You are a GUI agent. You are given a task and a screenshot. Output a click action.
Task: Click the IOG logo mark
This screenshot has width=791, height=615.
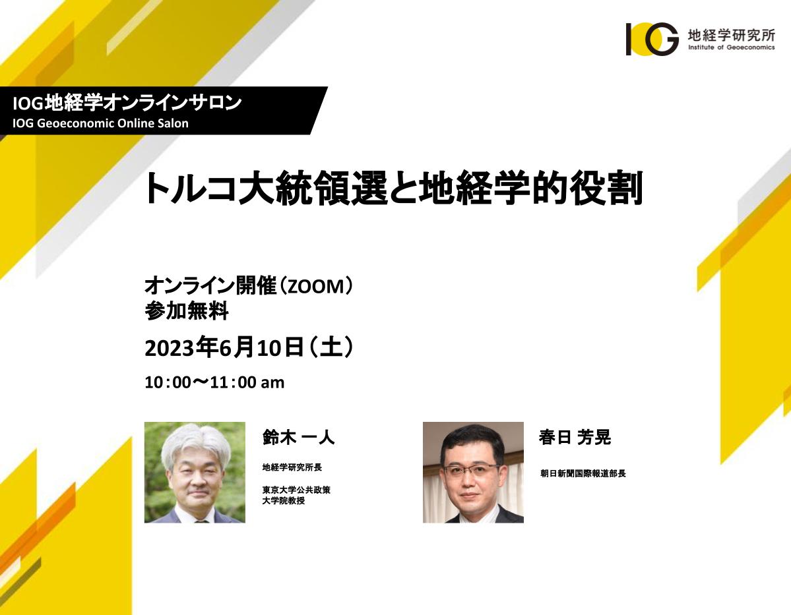click(652, 39)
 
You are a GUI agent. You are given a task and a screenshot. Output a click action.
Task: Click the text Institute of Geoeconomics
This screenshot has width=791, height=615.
click(732, 47)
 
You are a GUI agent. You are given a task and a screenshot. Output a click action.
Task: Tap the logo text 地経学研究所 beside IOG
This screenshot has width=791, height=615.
click(732, 35)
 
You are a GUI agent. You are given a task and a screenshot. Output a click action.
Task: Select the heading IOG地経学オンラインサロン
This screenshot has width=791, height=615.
click(127, 103)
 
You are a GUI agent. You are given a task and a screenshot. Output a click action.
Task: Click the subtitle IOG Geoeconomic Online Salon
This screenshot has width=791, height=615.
click(100, 123)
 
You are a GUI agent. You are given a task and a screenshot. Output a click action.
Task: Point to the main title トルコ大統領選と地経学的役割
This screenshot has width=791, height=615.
click(393, 188)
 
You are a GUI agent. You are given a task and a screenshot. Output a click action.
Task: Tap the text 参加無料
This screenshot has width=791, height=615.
click(187, 310)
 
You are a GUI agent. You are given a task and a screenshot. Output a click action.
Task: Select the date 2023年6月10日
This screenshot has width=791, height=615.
click(224, 347)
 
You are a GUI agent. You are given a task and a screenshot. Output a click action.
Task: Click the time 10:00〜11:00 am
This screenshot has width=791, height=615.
click(214, 382)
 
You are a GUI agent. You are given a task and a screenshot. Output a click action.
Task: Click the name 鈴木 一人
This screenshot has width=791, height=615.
click(298, 437)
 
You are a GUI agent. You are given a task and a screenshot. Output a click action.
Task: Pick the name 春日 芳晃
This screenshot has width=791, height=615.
click(575, 437)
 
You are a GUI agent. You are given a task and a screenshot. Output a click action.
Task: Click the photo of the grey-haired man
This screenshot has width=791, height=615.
click(195, 473)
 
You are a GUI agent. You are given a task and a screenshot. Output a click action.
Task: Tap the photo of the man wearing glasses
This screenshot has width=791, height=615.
click(473, 473)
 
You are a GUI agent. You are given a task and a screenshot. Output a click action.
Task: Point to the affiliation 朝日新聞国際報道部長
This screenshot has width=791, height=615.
click(583, 473)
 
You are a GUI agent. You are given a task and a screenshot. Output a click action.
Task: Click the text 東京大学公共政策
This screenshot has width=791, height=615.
click(296, 490)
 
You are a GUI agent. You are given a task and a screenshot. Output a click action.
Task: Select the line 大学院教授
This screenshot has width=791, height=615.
click(284, 500)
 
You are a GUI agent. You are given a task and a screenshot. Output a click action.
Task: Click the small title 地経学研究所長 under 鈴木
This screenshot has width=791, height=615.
click(292, 467)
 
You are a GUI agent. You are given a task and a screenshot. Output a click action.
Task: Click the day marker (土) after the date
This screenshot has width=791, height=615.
click(331, 347)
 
